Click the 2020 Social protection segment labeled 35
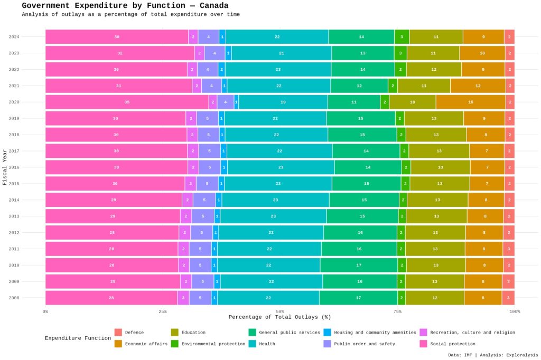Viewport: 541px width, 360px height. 127,102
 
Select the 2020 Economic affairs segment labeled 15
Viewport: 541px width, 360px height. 470,102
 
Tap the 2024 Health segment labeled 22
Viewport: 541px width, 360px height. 277,37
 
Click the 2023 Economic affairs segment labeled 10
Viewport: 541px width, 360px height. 482,53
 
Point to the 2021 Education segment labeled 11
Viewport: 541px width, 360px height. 424,86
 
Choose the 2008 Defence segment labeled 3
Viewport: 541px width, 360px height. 508,298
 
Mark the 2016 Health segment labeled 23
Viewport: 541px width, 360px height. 281,167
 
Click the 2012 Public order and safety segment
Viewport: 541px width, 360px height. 201,233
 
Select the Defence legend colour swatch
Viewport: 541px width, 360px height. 118,333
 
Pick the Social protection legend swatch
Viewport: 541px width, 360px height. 424,344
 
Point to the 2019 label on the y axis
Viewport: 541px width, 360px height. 14,118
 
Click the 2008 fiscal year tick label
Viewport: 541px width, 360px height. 14,298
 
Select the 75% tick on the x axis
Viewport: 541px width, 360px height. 397,311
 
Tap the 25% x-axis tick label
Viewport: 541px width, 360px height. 163,311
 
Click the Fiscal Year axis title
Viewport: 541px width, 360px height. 5,167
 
